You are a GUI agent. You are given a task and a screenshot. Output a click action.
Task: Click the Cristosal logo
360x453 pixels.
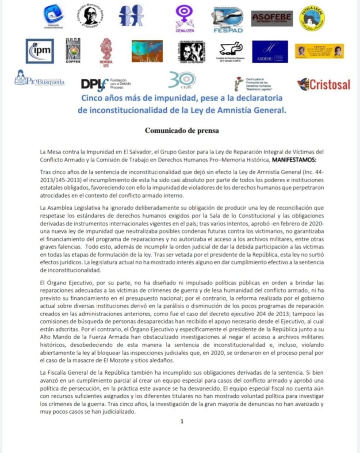pos(324,84)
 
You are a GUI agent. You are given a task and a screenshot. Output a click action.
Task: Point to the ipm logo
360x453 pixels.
pos(39,51)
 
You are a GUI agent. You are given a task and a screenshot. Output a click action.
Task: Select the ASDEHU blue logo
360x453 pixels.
pos(270,51)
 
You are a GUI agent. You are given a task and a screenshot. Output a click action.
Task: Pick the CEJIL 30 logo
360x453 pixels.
pos(181,81)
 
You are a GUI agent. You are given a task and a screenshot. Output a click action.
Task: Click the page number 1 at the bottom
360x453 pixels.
pos(181,421)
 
